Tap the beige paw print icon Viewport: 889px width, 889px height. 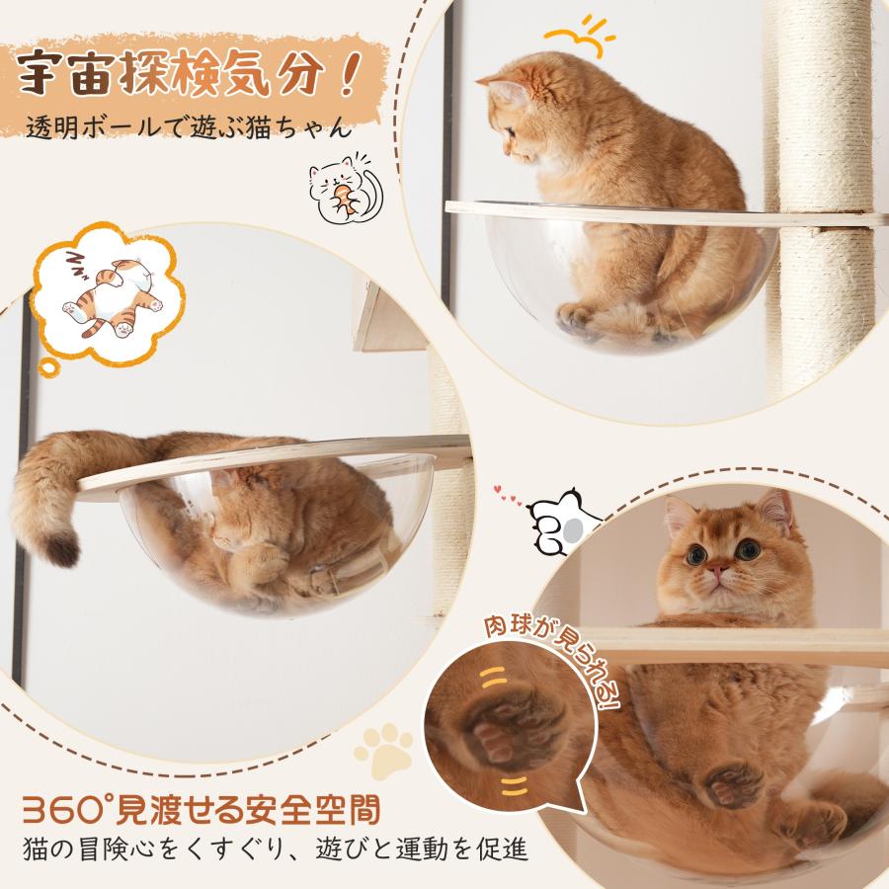pos(384,750)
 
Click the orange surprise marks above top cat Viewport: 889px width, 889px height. pos(578,37)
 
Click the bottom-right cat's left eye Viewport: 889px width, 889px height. pos(696,554)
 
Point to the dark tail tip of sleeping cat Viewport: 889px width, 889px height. pos(61,549)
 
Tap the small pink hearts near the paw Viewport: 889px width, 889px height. pos(508,496)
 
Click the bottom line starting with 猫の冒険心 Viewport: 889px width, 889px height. pos(275,849)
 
